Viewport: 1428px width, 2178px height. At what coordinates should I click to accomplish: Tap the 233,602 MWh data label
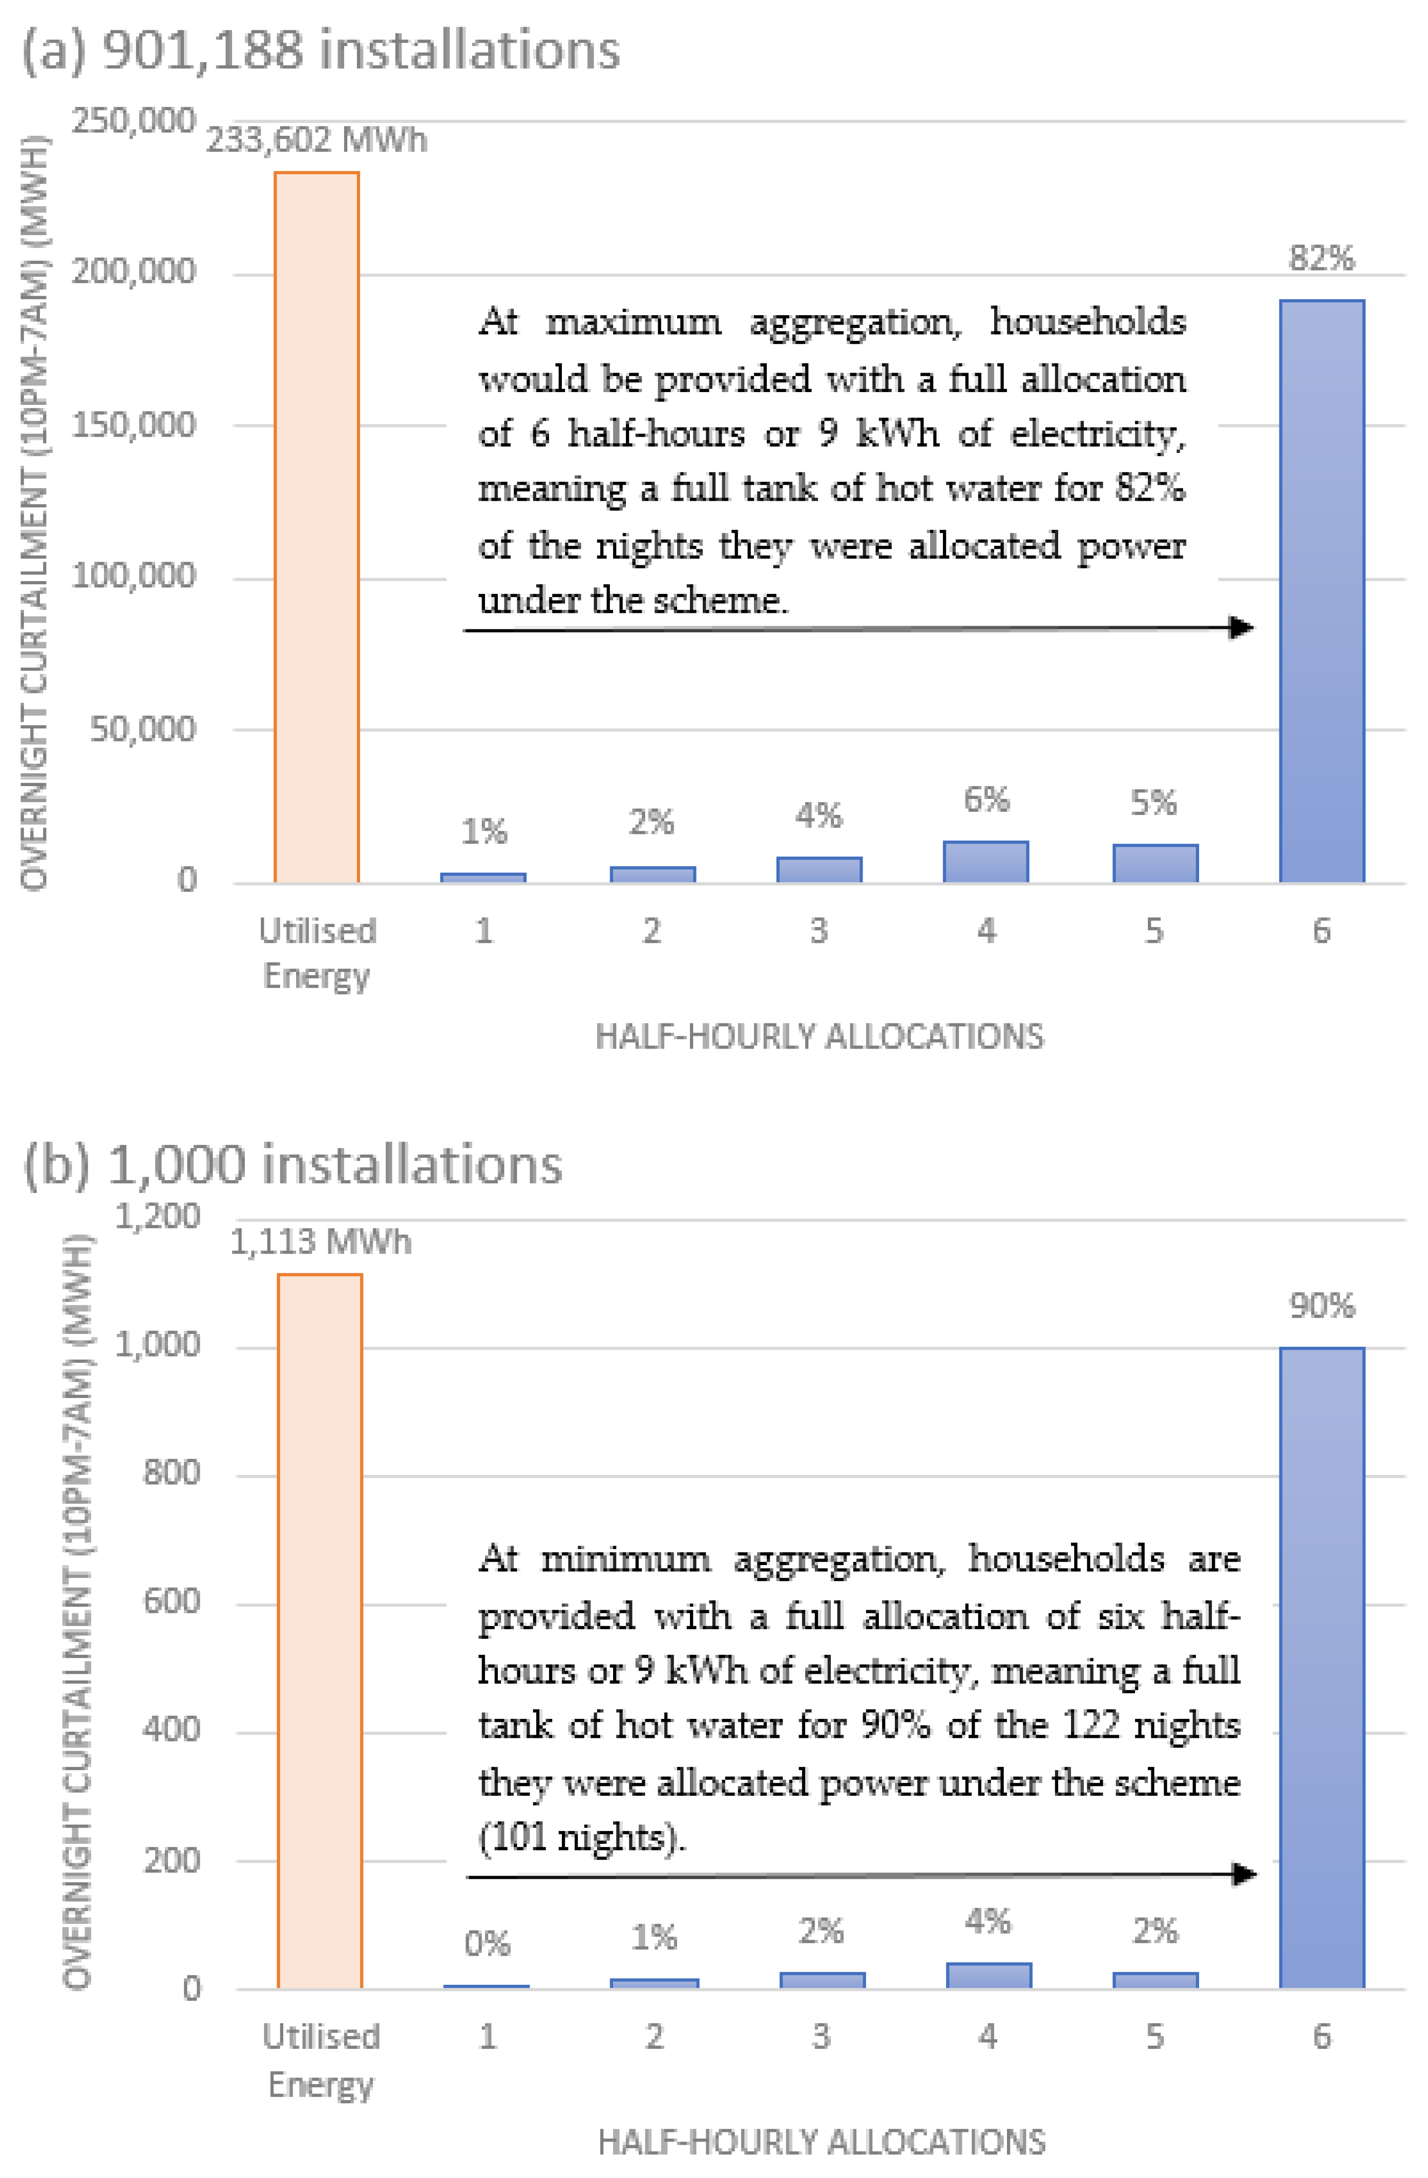pos(317,140)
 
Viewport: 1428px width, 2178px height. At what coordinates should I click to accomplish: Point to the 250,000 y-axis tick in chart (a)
pos(134,121)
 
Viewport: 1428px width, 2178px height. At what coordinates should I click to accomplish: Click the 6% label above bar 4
pos(986,800)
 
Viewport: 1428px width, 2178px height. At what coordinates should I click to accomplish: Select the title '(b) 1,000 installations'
pos(293,1165)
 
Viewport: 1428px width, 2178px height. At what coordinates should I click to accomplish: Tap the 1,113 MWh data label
pos(320,1242)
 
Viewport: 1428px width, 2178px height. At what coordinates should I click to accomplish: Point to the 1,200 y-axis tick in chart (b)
pos(157,1217)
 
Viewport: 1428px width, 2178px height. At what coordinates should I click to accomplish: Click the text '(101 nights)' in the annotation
pos(582,1837)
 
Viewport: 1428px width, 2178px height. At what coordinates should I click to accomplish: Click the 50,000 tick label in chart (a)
pos(143,729)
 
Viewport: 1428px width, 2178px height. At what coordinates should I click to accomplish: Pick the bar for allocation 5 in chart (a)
pos(1154,863)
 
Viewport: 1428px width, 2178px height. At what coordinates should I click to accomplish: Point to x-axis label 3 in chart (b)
pos(821,2036)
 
